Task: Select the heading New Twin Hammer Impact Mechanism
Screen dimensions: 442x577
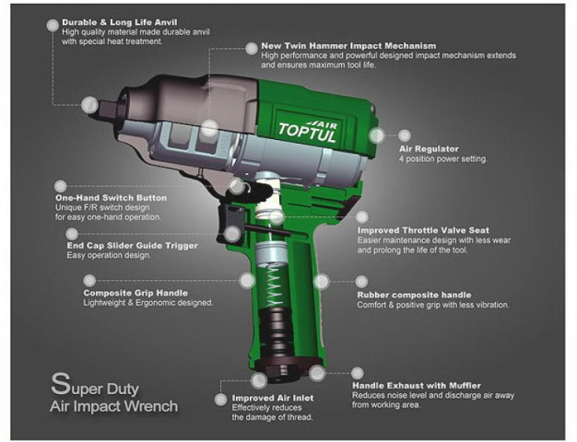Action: pyautogui.click(x=336, y=45)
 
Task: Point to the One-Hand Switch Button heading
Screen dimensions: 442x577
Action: pyautogui.click(x=111, y=198)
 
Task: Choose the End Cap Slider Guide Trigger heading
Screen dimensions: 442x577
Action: pyautogui.click(x=132, y=247)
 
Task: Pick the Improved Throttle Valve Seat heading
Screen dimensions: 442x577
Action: pyautogui.click(x=423, y=230)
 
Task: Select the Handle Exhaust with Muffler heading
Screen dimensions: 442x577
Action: pyautogui.click(x=423, y=385)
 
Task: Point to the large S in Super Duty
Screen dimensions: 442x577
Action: pyautogui.click(x=57, y=381)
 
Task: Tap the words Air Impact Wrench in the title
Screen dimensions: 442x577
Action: pyautogui.click(x=114, y=406)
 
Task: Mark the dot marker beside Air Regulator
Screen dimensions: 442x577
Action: pyautogui.click(x=377, y=135)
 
